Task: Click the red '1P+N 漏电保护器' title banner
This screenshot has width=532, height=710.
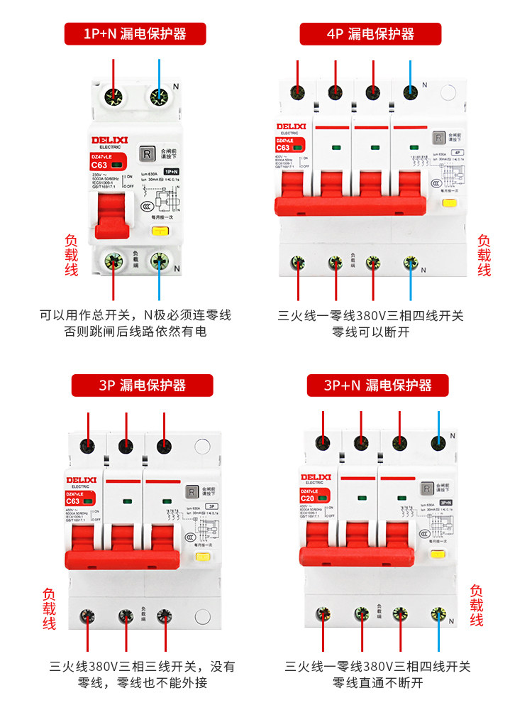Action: point(135,33)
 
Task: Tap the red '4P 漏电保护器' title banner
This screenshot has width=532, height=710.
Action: point(370,33)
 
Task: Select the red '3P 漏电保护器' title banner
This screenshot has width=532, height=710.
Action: point(142,385)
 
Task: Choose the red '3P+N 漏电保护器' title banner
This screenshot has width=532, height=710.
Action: point(378,385)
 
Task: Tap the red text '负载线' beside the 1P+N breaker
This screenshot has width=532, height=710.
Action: point(71,256)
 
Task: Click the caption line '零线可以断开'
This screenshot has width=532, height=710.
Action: point(370,332)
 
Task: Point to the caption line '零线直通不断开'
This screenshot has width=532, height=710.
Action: point(378,683)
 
